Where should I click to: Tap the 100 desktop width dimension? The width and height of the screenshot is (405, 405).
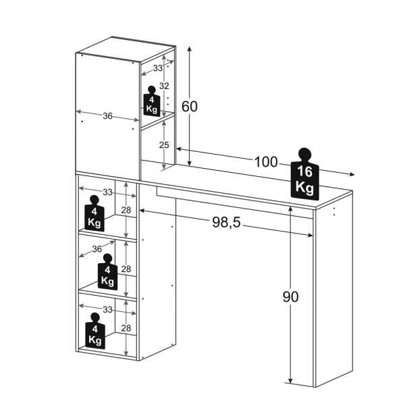[x=266, y=162]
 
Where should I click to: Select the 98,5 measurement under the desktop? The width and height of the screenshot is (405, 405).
[x=225, y=223]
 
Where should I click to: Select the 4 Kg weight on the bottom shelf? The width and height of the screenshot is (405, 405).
[x=95, y=333]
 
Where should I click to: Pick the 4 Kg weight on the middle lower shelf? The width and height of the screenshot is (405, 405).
[x=107, y=275]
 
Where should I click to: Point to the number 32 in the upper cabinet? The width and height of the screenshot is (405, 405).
[x=163, y=86]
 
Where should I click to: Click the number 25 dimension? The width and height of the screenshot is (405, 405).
[x=163, y=144]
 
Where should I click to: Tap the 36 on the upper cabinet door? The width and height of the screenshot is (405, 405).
[x=107, y=116]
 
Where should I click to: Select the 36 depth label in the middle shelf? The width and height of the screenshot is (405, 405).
[x=97, y=249]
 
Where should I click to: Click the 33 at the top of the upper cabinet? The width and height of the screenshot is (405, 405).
[x=157, y=67]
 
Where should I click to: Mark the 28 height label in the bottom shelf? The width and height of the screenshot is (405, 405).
[x=126, y=329]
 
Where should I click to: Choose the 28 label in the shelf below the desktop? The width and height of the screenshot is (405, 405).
[x=126, y=211]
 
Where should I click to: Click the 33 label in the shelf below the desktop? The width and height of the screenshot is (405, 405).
[x=107, y=192]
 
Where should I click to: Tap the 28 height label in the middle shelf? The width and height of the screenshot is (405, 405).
[x=126, y=269]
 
